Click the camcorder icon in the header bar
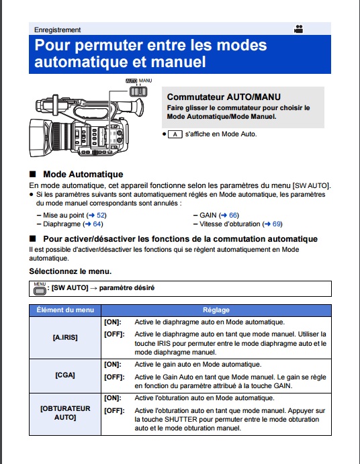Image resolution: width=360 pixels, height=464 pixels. [x=298, y=29]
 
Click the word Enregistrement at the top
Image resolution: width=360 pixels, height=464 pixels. [x=58, y=30]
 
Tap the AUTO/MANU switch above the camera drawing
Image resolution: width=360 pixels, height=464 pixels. [x=138, y=92]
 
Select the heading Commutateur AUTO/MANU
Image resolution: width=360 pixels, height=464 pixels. [x=224, y=97]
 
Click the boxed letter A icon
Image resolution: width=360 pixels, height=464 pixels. [x=175, y=134]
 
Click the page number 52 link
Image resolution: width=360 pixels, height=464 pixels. [x=101, y=215]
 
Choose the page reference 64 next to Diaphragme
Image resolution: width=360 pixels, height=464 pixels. [x=97, y=224]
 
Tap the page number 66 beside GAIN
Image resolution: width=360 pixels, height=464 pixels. [x=233, y=215]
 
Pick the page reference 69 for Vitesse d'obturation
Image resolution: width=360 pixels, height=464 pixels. [x=277, y=224]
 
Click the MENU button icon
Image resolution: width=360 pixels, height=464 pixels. [x=40, y=289]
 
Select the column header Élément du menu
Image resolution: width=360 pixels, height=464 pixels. [x=65, y=310]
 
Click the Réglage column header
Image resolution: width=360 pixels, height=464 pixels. [x=216, y=310]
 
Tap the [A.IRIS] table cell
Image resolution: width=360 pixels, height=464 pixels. [x=65, y=338]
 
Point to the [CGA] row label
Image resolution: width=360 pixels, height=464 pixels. [x=65, y=375]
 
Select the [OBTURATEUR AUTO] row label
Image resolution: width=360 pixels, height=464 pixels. [x=65, y=413]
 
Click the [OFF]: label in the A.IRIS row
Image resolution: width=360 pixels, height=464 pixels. [x=114, y=334]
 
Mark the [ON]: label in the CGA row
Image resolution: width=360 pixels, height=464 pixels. [x=113, y=365]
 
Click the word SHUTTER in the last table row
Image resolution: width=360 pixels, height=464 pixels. [x=181, y=419]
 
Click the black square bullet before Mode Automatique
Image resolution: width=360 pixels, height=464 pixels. [x=32, y=174]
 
